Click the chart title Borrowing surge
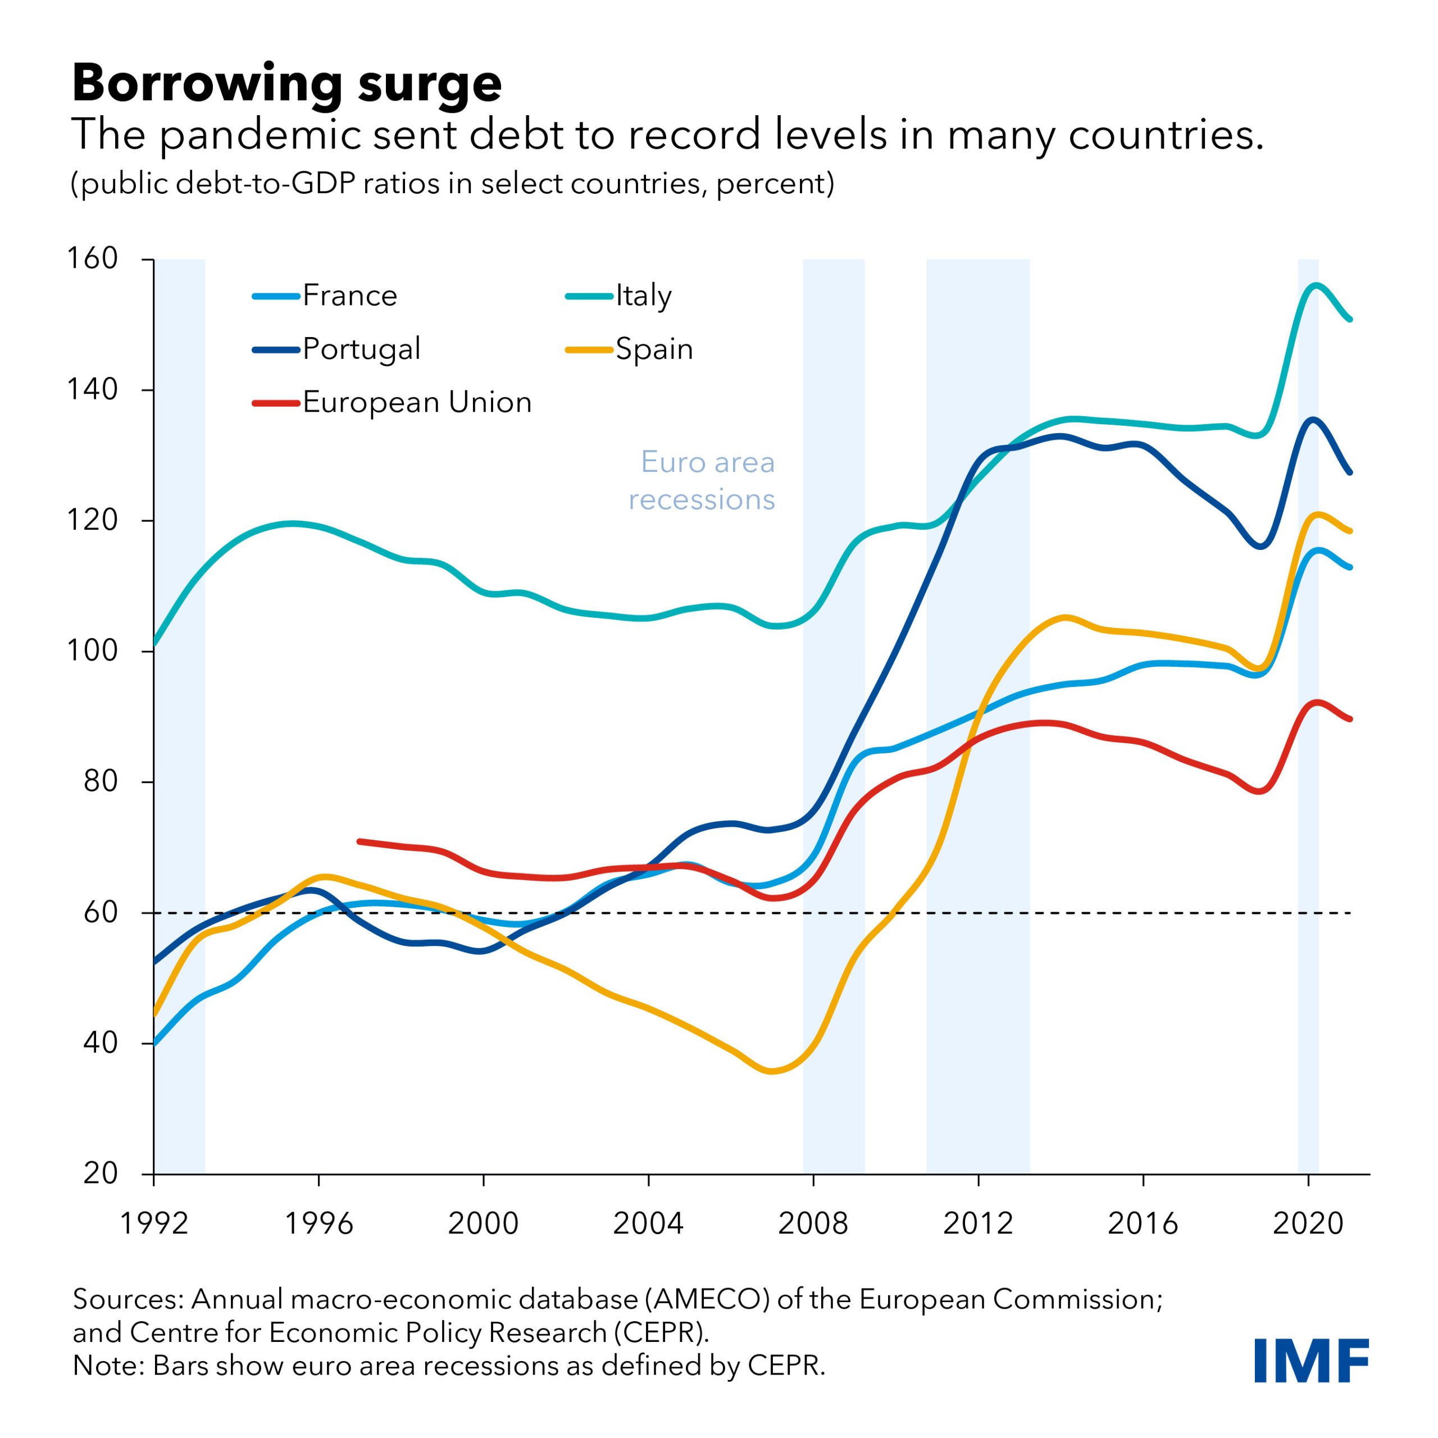(x=286, y=83)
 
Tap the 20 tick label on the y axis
(x=101, y=1174)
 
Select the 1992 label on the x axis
(x=154, y=1223)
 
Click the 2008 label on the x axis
(x=813, y=1223)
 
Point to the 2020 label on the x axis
(x=1308, y=1223)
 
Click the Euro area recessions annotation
(x=703, y=481)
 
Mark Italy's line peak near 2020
(x=1315, y=285)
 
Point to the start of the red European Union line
(x=359, y=841)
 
